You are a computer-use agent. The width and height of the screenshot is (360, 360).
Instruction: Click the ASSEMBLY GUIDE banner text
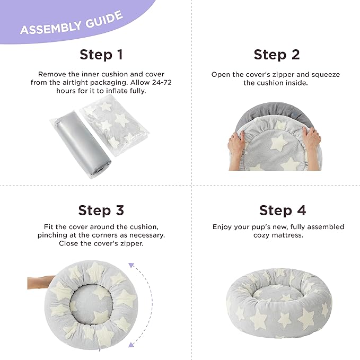click(x=71, y=22)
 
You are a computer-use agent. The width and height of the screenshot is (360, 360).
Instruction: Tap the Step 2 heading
click(x=276, y=55)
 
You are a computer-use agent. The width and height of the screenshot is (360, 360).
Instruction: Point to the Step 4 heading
click(x=283, y=210)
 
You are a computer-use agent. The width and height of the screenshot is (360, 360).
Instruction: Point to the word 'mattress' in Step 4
click(x=286, y=235)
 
